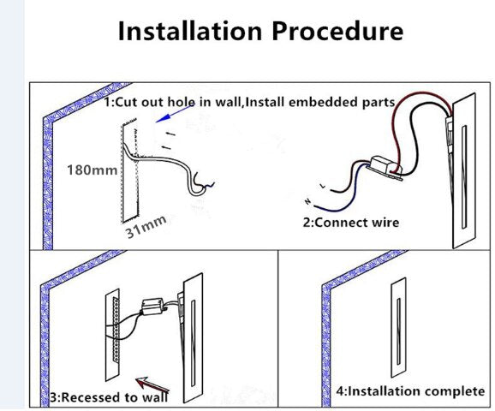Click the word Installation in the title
(x=190, y=31)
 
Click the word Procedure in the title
(x=337, y=31)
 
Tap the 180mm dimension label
(x=92, y=170)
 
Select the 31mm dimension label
(x=146, y=226)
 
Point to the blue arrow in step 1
(x=175, y=114)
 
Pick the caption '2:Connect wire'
(x=351, y=223)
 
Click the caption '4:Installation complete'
(x=410, y=391)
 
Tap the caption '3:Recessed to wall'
(x=110, y=397)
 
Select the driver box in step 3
(x=152, y=307)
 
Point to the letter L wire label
(x=322, y=187)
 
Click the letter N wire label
(x=307, y=201)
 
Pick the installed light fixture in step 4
(x=398, y=328)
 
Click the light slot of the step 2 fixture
(x=464, y=176)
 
